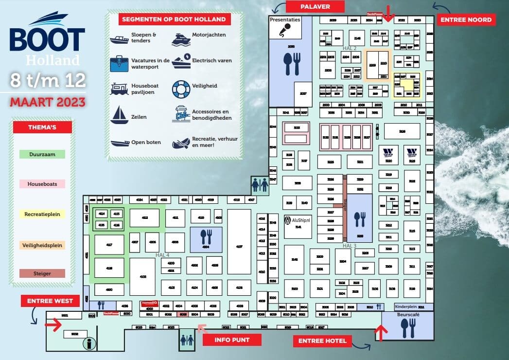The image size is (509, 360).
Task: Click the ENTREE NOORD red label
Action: pos(466,20)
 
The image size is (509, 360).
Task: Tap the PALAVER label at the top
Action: pos(315,7)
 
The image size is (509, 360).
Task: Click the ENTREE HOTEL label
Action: pos(323,341)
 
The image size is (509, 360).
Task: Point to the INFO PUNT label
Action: pos(232,340)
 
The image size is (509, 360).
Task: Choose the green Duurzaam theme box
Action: pos(42,154)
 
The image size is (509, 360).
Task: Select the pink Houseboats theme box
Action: pos(42,184)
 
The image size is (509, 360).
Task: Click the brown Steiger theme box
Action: pos(42,273)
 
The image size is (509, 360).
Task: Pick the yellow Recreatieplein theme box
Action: pos(42,214)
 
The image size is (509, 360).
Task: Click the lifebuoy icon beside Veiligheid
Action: pos(181,89)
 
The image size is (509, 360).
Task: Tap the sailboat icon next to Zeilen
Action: pos(119,115)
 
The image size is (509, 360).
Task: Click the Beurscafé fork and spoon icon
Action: pos(407,328)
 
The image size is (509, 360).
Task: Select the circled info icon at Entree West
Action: pos(88,344)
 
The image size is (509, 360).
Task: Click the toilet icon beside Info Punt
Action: pos(187,339)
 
